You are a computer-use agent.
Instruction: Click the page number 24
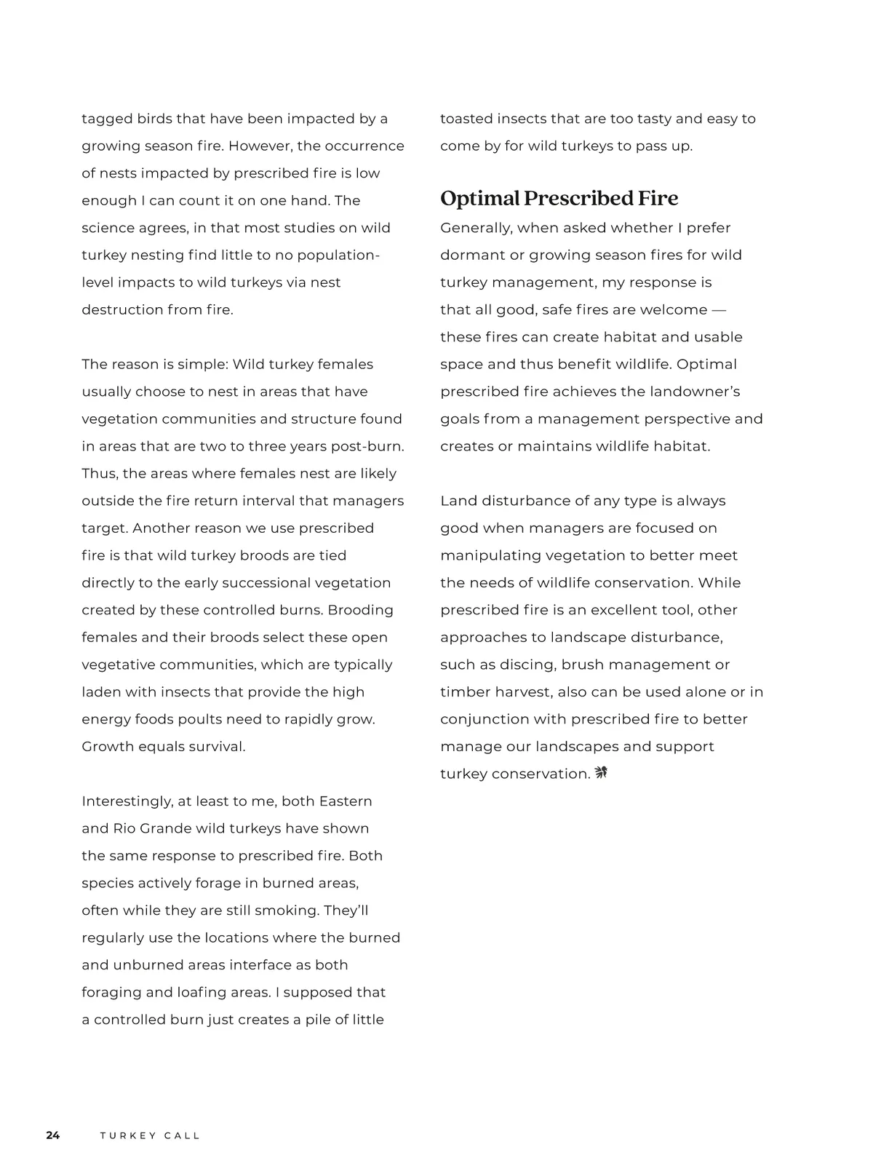(53, 1135)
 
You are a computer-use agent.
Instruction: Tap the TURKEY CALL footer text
(150, 1135)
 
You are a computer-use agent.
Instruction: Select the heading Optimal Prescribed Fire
(559, 198)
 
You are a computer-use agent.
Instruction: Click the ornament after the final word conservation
(601, 773)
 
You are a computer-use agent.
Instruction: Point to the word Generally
(475, 228)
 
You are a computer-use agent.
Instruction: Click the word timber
(464, 692)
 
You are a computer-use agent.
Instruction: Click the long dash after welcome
(718, 310)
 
